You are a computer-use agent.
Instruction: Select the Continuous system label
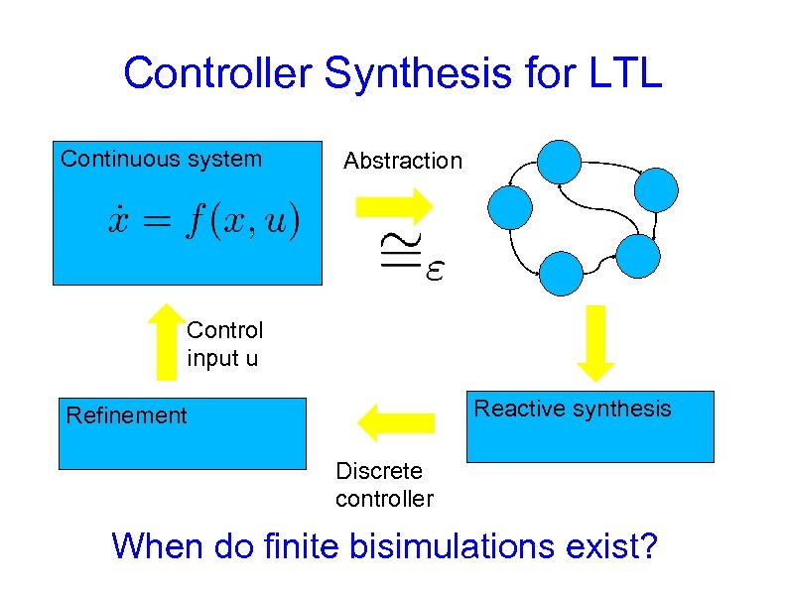click(x=162, y=159)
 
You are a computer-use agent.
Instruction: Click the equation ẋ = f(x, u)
click(x=203, y=220)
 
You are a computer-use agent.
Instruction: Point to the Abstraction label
click(x=403, y=161)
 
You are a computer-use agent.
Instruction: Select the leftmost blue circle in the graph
click(x=511, y=207)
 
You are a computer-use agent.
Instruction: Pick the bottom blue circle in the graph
click(x=561, y=274)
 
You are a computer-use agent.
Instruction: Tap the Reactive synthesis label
click(x=573, y=409)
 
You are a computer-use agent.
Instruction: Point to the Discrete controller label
click(x=384, y=485)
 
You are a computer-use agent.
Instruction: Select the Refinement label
click(x=126, y=414)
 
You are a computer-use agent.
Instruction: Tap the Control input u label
click(x=224, y=343)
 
